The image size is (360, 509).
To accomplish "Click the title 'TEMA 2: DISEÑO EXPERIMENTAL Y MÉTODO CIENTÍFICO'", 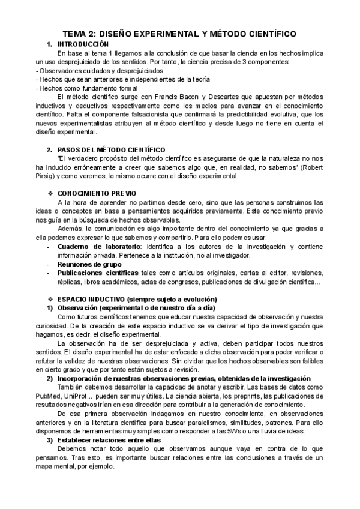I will [x=180, y=35].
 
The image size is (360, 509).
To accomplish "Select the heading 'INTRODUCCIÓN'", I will [x=83, y=44].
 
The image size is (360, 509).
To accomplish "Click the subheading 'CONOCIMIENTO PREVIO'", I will [x=97, y=193].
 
